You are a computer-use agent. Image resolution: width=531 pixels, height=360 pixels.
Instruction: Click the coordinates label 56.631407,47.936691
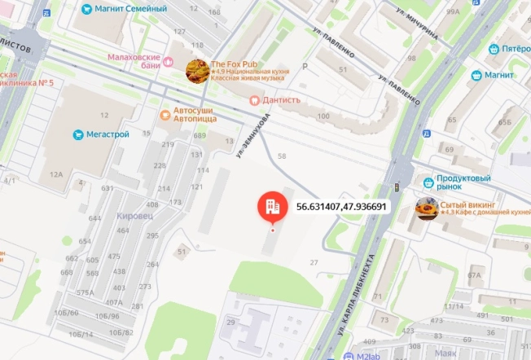click(340, 207)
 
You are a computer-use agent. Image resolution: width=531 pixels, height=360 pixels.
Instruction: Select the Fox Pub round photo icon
click(196, 70)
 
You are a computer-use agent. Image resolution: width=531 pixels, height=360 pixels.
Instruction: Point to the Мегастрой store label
click(108, 134)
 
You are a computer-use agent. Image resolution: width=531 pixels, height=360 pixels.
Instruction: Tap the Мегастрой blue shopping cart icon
click(78, 134)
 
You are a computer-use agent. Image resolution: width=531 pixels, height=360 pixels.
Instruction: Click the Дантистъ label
click(280, 100)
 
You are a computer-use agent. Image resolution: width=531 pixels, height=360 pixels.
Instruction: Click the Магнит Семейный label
click(129, 9)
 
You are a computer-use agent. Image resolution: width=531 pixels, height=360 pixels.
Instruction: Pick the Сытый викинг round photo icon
click(426, 209)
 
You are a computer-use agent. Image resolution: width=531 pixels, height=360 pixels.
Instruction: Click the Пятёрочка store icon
click(494, 49)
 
